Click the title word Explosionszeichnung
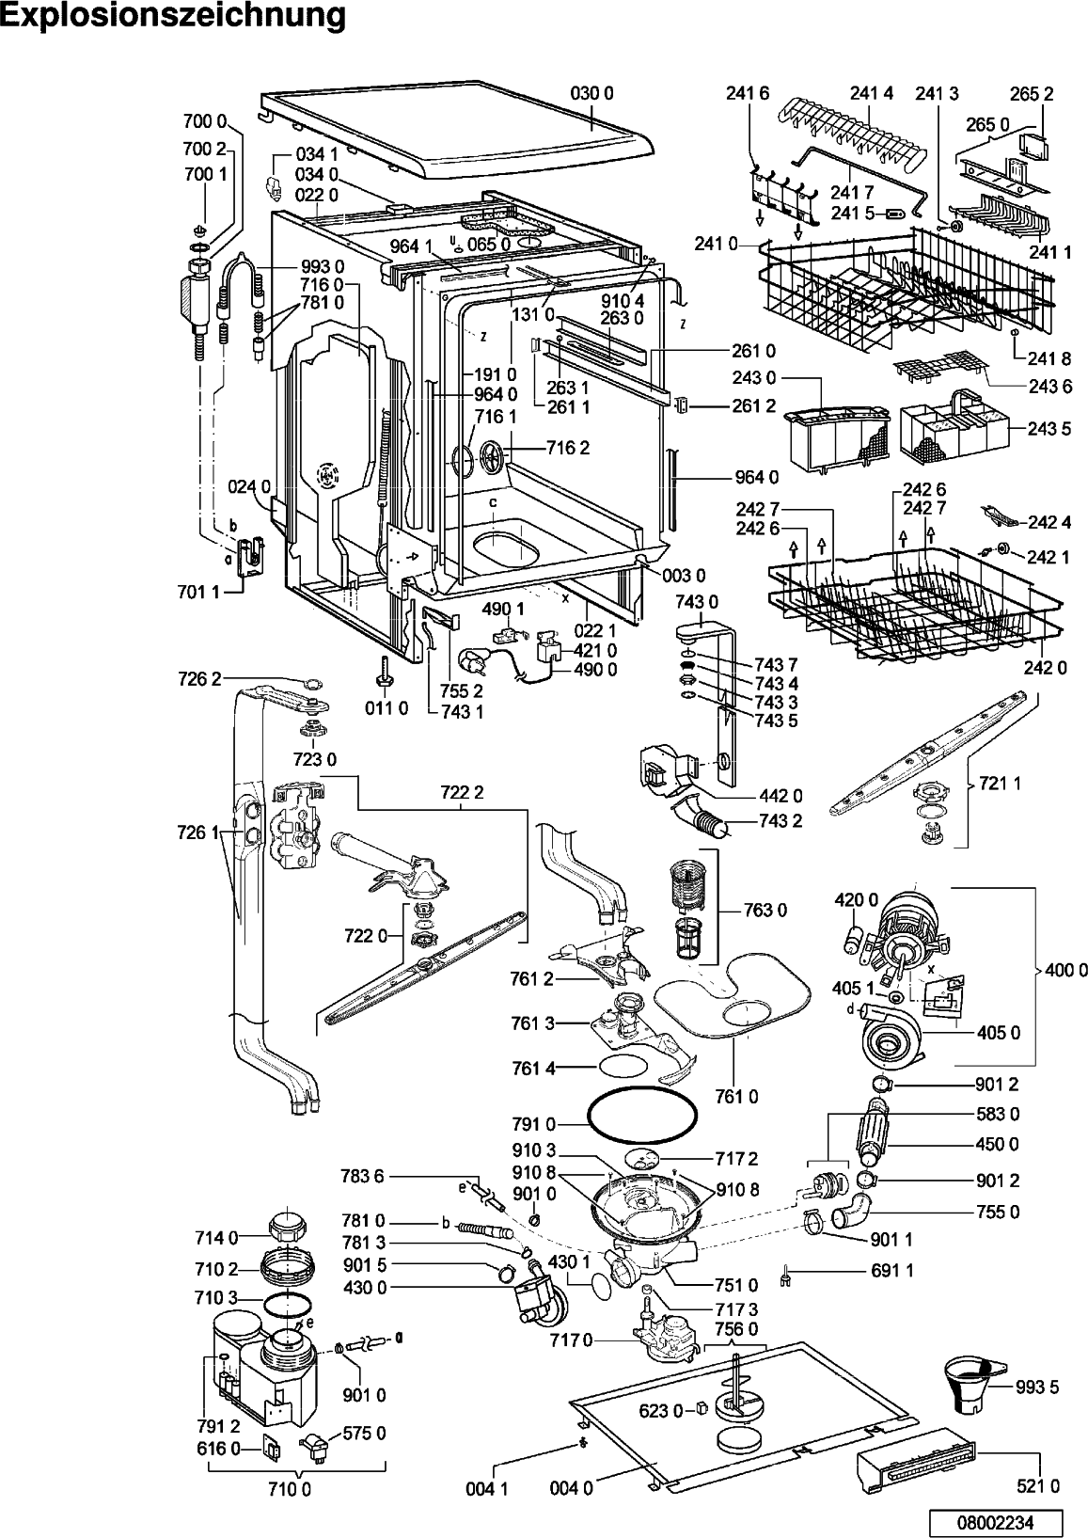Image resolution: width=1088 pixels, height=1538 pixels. click(174, 16)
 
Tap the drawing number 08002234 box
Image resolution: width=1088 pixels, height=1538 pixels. click(995, 1521)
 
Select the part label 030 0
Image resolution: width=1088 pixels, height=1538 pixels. click(592, 93)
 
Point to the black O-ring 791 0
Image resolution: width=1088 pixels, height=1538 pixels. click(642, 1123)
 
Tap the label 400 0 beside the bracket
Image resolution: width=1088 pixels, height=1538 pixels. click(1066, 970)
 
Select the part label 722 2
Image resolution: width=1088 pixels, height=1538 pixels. click(462, 792)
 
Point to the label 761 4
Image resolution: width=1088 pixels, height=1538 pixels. click(533, 1068)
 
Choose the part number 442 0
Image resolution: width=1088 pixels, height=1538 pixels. click(781, 796)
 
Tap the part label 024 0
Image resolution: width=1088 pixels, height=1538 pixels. click(249, 487)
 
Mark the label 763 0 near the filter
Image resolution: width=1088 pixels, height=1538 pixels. click(765, 910)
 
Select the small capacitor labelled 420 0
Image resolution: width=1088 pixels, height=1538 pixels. click(854, 939)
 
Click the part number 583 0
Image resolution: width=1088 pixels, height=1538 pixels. click(998, 1114)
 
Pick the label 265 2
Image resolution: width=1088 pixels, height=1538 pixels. click(1031, 93)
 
